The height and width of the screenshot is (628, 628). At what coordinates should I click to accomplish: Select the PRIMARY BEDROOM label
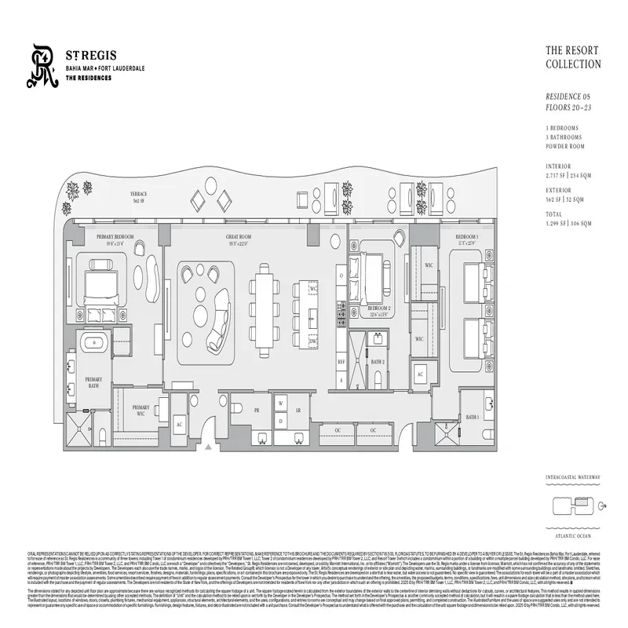[x=115, y=237]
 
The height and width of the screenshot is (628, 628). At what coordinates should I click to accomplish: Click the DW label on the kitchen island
[x=312, y=342]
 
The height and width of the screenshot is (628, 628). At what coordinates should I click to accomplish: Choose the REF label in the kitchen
[x=341, y=362]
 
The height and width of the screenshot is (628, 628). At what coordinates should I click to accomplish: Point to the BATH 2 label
[x=378, y=362]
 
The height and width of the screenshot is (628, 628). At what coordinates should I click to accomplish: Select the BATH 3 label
[x=472, y=417]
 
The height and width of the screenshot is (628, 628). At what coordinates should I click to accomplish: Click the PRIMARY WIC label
[x=141, y=411]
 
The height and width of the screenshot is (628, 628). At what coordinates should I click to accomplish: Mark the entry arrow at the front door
[x=207, y=447]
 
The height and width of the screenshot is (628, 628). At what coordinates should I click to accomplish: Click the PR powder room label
[x=256, y=411]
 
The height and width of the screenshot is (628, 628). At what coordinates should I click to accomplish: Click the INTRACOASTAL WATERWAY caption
[x=573, y=476]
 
